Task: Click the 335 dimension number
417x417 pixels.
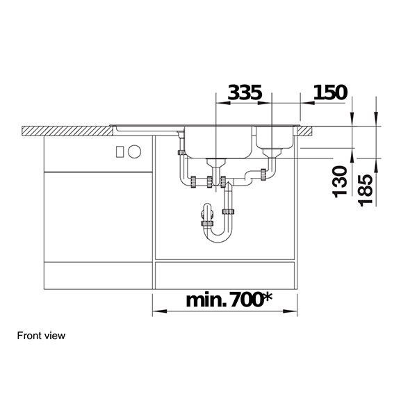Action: (245, 92)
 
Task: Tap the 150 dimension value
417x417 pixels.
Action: (331, 92)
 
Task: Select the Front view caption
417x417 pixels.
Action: (41, 336)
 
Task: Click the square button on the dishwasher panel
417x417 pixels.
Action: (119, 150)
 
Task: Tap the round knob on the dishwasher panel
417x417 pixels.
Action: (134, 150)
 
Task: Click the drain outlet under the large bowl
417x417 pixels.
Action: (217, 164)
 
